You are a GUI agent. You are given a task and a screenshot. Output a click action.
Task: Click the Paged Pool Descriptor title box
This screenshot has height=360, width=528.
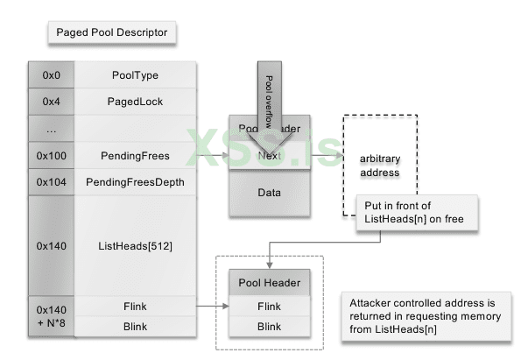(x=111, y=34)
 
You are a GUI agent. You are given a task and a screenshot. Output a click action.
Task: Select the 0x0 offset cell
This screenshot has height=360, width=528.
(x=51, y=76)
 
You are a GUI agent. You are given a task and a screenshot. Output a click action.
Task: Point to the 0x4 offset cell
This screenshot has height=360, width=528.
(x=51, y=102)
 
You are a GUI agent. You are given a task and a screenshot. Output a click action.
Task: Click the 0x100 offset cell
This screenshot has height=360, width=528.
(x=51, y=156)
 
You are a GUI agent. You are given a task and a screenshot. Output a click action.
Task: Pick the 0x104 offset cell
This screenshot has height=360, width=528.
(x=51, y=182)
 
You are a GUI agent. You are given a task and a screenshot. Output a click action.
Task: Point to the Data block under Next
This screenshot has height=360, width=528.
(x=269, y=191)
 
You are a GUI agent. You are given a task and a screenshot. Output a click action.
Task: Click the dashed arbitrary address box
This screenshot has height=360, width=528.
(x=378, y=166)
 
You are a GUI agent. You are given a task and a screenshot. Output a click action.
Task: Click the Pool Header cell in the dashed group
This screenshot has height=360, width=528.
(x=269, y=283)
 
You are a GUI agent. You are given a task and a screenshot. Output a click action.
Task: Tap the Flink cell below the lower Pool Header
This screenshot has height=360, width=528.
(x=269, y=306)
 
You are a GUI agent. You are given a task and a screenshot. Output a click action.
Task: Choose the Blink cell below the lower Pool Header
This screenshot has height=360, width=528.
(x=269, y=327)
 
